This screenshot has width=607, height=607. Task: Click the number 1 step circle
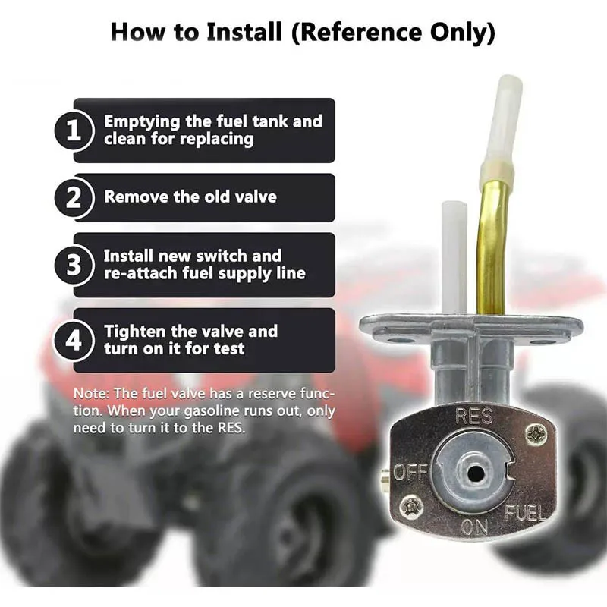74,130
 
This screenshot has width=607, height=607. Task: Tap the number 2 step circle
74,197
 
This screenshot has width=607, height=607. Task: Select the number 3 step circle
74,265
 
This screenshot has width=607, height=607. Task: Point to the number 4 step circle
74,341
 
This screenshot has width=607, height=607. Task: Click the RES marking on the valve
473,417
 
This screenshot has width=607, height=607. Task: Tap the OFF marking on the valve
411,471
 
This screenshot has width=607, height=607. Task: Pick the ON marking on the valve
474,527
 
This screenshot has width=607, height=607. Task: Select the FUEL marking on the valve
524,513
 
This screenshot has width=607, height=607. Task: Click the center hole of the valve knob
473,472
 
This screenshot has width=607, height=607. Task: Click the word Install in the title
244,32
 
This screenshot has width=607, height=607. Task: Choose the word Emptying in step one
142,122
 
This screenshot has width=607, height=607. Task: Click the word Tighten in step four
135,332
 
